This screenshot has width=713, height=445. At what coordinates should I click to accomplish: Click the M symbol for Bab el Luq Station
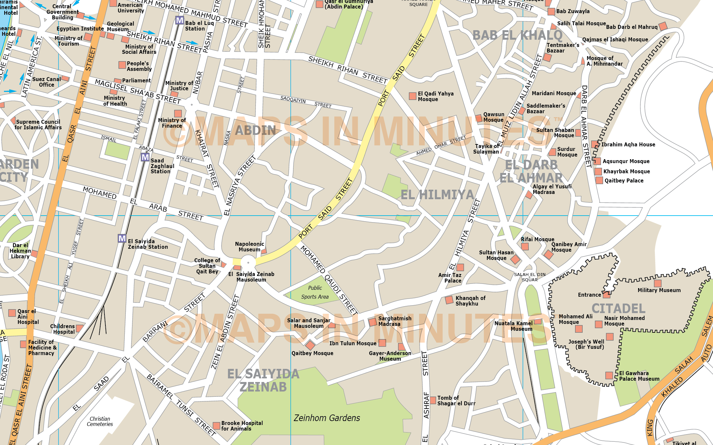[x=179, y=20]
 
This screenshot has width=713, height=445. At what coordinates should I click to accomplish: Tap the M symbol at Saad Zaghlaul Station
[x=145, y=157]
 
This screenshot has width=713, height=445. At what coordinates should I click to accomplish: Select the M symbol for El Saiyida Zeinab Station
[x=122, y=238]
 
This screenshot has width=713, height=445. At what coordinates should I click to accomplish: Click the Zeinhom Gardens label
[x=326, y=418]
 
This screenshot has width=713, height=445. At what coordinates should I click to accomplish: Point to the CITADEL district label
[x=618, y=308]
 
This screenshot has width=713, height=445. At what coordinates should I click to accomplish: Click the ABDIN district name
[x=255, y=130]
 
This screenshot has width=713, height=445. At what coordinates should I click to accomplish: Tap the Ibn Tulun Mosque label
[x=353, y=343]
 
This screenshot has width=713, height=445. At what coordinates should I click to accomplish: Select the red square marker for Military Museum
[x=657, y=283]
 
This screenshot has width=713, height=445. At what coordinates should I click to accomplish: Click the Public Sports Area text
[x=315, y=292]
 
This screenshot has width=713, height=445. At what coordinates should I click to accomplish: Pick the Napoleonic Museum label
[x=249, y=246]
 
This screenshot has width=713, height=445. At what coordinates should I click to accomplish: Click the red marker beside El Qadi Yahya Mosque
[x=412, y=96]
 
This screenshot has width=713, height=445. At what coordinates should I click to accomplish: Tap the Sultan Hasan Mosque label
[x=496, y=255]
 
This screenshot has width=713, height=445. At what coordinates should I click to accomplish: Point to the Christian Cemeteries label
[x=100, y=421]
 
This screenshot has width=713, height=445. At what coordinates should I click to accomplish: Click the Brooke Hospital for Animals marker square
[x=216, y=426]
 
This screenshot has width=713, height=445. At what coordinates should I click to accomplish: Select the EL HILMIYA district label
[x=437, y=195]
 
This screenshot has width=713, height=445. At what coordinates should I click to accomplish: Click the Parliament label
[x=136, y=80]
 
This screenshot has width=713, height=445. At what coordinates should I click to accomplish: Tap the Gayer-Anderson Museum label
[x=390, y=356]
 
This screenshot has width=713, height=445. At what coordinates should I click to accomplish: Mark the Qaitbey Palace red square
[x=599, y=180]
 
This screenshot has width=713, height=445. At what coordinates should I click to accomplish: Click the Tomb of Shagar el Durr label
[x=456, y=400]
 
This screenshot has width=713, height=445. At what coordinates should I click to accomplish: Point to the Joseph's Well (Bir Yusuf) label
[x=586, y=344]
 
